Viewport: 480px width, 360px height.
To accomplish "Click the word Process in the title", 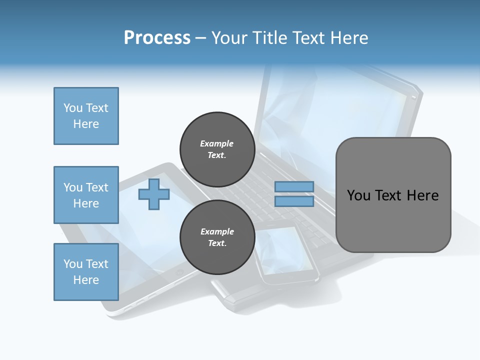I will tap(157, 38).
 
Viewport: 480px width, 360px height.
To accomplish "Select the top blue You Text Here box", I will tap(86, 116).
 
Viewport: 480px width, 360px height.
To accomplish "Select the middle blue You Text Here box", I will tap(86, 195).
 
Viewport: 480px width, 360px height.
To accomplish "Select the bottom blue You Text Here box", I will tap(86, 272).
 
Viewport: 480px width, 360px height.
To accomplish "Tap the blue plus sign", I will tap(154, 194).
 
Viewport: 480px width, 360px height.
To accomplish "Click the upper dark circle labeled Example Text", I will tap(217, 149).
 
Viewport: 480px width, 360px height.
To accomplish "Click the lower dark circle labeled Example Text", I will tap(217, 237).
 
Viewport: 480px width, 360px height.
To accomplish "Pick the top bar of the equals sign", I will tap(294, 186).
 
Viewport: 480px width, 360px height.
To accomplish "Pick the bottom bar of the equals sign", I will tap(294, 201).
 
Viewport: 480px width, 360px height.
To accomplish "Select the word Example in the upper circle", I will tap(217, 143).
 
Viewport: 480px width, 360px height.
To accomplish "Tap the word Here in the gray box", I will tap(422, 195).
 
